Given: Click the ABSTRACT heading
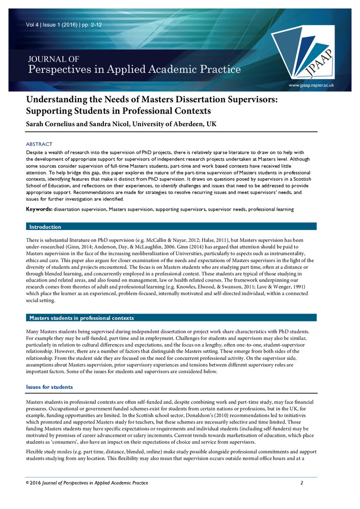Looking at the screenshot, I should click(x=39, y=145).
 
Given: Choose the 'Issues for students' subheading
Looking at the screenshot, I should click(x=49, y=387).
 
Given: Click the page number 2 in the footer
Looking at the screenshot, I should click(x=302, y=483).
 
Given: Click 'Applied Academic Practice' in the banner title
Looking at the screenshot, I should click(x=184, y=69).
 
